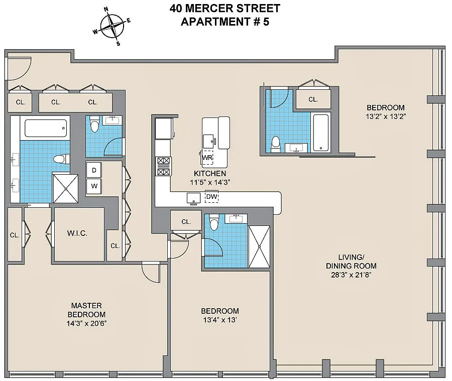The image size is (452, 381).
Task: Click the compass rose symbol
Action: (112, 26)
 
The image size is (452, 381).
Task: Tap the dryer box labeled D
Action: (94, 170)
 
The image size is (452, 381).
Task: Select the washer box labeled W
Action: (94, 186)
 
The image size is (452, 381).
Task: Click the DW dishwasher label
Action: (211, 197)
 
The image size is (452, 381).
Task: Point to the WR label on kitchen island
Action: (207, 158)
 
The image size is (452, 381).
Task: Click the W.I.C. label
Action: (77, 233)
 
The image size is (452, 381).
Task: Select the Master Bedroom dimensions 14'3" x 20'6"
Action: (86, 323)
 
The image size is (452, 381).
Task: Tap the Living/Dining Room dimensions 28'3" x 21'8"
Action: (351, 275)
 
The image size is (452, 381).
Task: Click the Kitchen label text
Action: (210, 174)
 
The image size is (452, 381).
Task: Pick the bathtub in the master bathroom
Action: (46, 128)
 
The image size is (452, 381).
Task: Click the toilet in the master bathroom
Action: (61, 159)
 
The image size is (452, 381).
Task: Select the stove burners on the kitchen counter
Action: (163, 166)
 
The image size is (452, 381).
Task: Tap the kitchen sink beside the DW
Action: (193, 199)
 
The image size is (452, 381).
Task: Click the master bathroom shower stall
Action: (65, 188)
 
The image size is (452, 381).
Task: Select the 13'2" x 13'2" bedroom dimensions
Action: (386, 116)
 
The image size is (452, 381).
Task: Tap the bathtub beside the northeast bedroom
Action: (321, 133)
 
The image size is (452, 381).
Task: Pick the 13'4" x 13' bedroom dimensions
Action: (219, 320)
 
